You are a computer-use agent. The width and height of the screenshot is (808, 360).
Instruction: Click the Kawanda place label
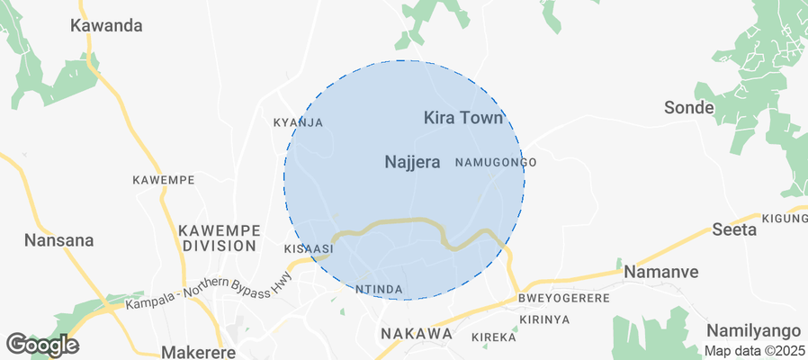(x=106, y=25)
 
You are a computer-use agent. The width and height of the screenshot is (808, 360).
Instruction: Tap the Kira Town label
(x=462, y=118)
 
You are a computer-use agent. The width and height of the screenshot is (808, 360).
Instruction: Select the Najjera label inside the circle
(x=412, y=162)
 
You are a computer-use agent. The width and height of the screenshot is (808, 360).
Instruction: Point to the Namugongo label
(x=496, y=162)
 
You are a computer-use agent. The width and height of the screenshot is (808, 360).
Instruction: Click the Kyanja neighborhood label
(x=297, y=122)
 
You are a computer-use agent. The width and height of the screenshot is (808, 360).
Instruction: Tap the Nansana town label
(x=59, y=241)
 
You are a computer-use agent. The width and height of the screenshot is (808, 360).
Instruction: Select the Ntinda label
(x=377, y=289)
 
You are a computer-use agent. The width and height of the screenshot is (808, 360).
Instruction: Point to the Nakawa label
(x=416, y=334)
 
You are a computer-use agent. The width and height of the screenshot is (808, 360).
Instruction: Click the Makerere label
(x=198, y=352)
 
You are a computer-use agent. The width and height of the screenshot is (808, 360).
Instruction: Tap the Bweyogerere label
(x=564, y=298)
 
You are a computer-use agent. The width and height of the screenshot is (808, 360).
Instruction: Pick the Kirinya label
(x=545, y=319)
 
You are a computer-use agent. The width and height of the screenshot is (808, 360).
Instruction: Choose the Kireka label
(x=495, y=337)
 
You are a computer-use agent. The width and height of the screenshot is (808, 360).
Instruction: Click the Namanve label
(x=660, y=271)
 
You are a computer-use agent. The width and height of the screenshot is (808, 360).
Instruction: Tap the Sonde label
(x=688, y=108)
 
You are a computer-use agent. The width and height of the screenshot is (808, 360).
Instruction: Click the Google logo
(x=41, y=344)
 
